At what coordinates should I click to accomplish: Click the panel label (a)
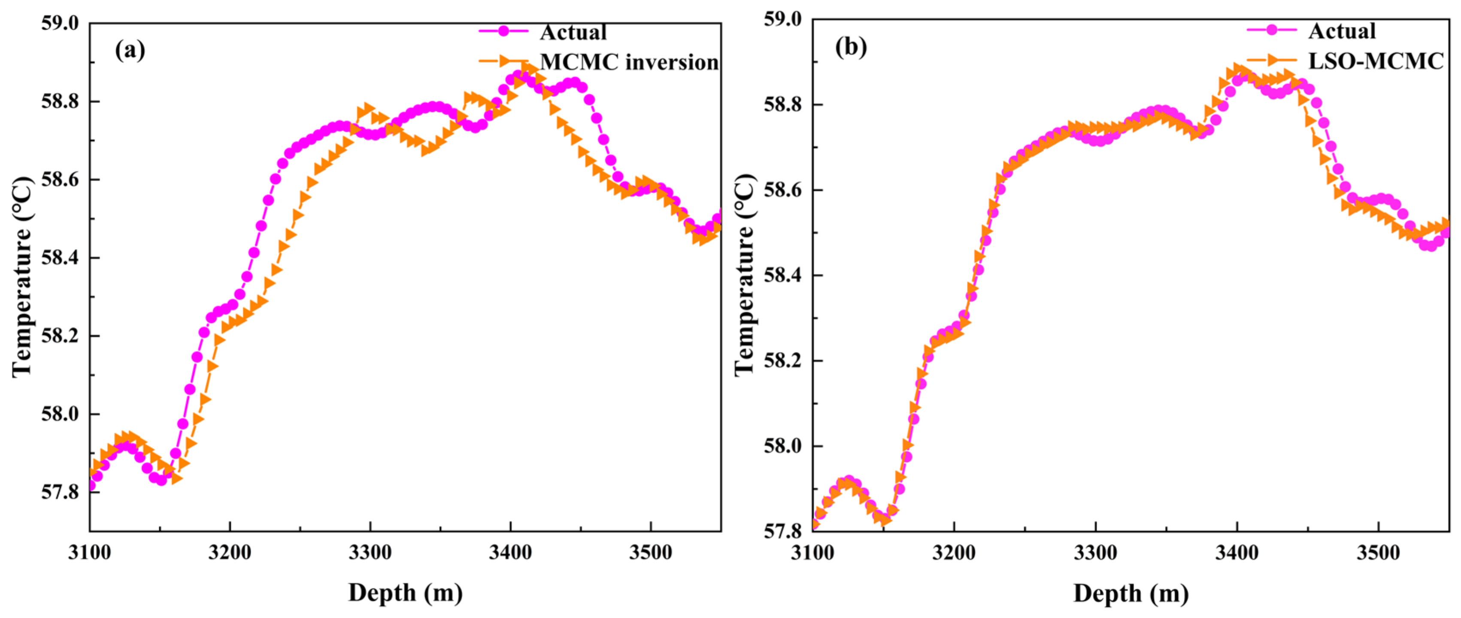(130, 51)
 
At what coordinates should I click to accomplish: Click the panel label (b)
(851, 47)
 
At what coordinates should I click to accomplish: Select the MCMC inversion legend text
(629, 62)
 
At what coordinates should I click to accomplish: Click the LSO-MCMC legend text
(1375, 61)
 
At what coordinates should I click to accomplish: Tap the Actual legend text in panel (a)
(573, 32)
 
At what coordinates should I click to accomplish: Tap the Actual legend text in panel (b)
(1341, 30)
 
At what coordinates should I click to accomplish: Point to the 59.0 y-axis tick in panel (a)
(60, 23)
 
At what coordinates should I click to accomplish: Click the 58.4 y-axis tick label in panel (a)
(60, 258)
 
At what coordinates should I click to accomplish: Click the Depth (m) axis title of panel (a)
(405, 593)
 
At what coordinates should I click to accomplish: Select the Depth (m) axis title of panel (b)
(1131, 593)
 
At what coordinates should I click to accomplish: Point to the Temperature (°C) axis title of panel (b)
(745, 274)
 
